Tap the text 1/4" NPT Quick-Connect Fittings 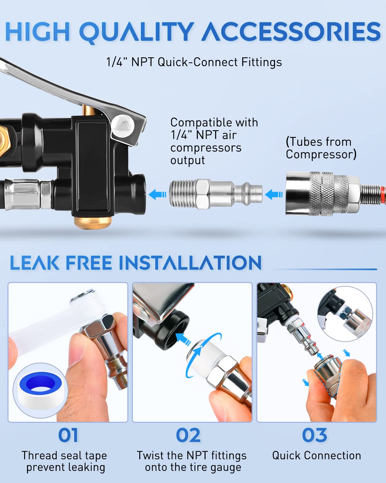coord(194,62)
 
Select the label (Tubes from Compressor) coord(321,148)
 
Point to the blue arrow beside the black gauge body coord(158,194)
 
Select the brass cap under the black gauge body coord(93,222)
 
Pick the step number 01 coord(68,435)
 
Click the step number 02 coord(188,435)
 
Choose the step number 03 coord(314,435)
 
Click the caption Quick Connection coord(317,455)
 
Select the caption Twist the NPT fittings coord(192,456)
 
